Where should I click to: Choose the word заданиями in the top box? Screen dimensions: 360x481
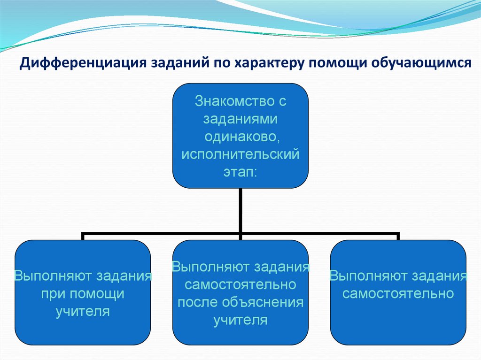(x=240, y=119)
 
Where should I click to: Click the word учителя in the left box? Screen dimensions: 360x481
(x=83, y=311)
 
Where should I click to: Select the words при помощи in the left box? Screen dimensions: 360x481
(x=83, y=294)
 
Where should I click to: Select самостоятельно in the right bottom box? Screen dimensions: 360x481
(x=398, y=294)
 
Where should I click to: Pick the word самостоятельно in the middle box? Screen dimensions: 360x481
(x=240, y=284)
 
